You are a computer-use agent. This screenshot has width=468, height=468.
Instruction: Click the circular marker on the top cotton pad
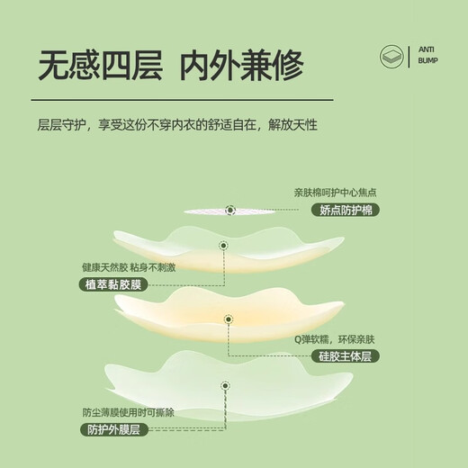(x=229, y=211)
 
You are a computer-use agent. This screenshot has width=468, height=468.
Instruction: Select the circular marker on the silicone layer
(x=227, y=319)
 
